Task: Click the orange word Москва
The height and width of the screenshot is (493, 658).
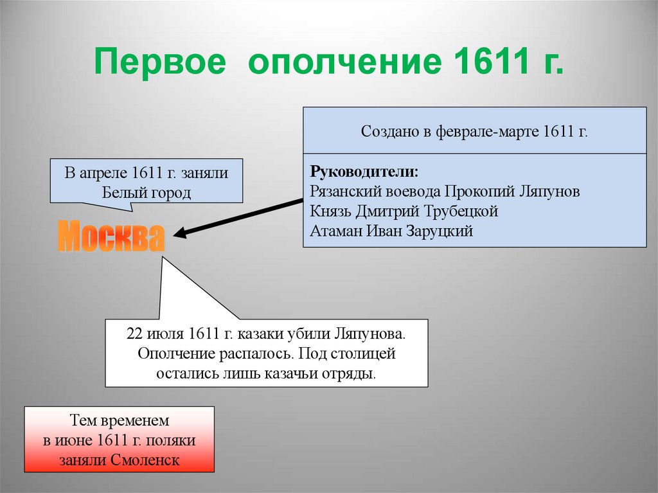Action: tap(112, 238)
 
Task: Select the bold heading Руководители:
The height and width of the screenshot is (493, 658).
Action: tap(364, 172)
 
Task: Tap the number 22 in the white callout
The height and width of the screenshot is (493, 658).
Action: tap(135, 334)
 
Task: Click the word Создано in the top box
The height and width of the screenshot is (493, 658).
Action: tap(387, 132)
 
